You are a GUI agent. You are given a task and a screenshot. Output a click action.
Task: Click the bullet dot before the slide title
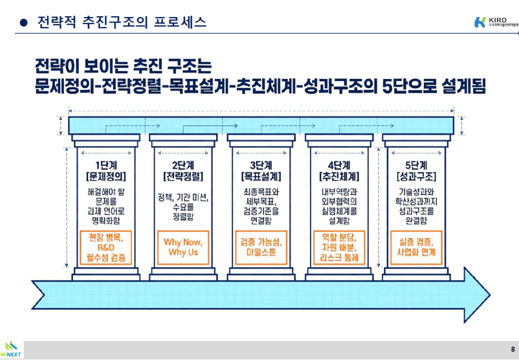(x=23, y=23)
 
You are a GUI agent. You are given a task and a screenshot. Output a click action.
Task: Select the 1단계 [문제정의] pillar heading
(x=106, y=170)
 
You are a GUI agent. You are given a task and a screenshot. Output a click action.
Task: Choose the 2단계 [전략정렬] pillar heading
(x=183, y=170)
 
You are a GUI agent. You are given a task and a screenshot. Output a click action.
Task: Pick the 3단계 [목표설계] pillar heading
(x=261, y=170)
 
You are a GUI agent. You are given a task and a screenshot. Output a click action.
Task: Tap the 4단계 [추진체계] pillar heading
(x=339, y=170)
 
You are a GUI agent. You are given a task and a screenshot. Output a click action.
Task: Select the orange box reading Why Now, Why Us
(x=183, y=247)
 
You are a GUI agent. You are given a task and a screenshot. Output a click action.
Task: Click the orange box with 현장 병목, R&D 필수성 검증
(x=106, y=247)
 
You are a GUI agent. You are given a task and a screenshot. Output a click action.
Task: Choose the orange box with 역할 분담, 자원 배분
(x=339, y=247)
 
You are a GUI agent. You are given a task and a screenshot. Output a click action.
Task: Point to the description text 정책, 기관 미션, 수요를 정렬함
(x=183, y=206)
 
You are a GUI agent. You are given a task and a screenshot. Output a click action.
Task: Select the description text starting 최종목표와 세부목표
(x=261, y=206)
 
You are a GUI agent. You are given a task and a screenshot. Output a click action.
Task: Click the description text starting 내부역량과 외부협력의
(x=339, y=206)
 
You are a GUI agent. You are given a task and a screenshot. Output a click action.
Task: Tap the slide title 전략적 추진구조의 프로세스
(x=121, y=23)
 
